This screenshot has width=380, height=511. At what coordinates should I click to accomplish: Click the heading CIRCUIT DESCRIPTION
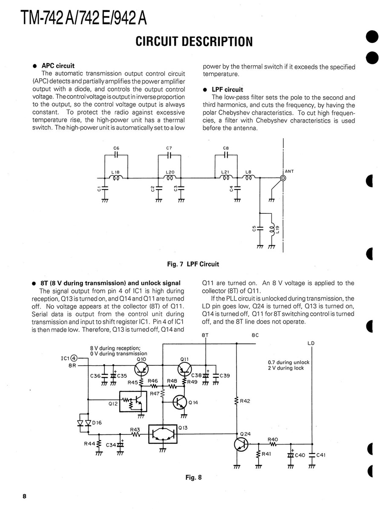point(194,41)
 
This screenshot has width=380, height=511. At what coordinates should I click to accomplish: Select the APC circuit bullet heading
point(58,66)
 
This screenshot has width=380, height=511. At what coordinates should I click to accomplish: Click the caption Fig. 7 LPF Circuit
point(193,264)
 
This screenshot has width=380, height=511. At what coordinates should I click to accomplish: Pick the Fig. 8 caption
point(193,477)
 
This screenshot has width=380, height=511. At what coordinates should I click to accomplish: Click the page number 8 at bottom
point(25,497)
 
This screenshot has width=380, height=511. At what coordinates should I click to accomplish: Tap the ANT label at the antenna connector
point(289,172)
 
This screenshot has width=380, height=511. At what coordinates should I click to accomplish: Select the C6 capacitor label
point(116,148)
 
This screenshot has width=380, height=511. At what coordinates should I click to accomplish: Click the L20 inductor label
point(170,172)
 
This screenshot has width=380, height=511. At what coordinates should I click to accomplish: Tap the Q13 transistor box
point(162,434)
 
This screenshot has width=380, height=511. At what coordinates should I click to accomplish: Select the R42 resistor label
point(245,401)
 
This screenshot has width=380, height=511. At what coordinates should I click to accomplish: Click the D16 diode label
point(98,422)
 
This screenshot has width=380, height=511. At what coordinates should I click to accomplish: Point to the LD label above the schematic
point(311,343)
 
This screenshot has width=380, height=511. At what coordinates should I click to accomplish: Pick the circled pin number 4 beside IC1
point(74,358)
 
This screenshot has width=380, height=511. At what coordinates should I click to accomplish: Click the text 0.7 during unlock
point(288,362)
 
